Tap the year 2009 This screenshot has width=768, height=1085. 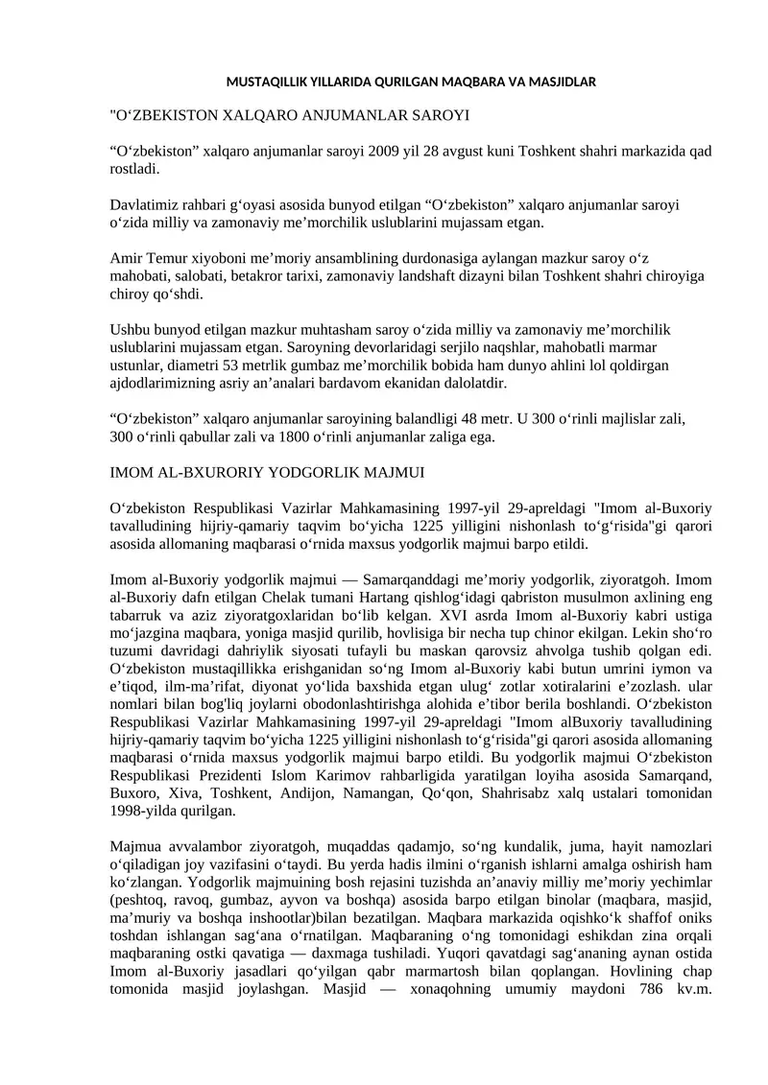370,152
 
